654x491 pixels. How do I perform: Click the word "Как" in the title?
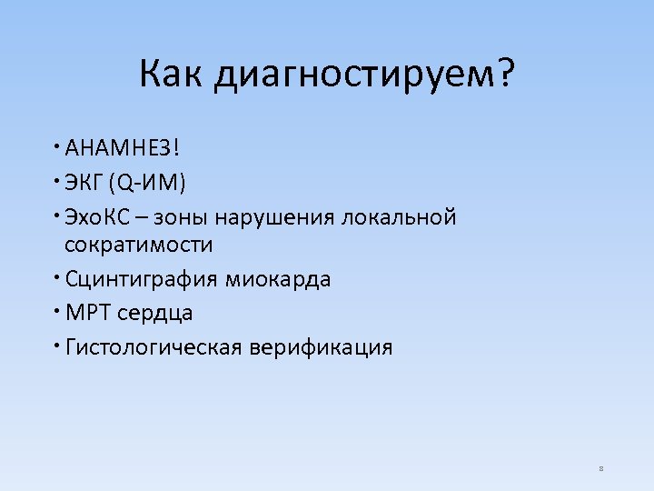(x=172, y=74)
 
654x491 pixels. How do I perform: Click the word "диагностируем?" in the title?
(x=363, y=75)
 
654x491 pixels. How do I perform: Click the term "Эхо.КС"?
(x=98, y=217)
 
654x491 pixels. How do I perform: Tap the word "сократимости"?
(x=138, y=245)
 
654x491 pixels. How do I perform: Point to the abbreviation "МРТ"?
(x=84, y=313)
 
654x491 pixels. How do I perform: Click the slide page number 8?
(x=601, y=469)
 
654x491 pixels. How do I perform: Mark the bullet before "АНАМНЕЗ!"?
(x=56, y=145)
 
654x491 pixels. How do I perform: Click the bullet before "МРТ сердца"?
(x=56, y=310)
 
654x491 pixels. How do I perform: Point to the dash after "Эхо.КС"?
(x=144, y=218)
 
